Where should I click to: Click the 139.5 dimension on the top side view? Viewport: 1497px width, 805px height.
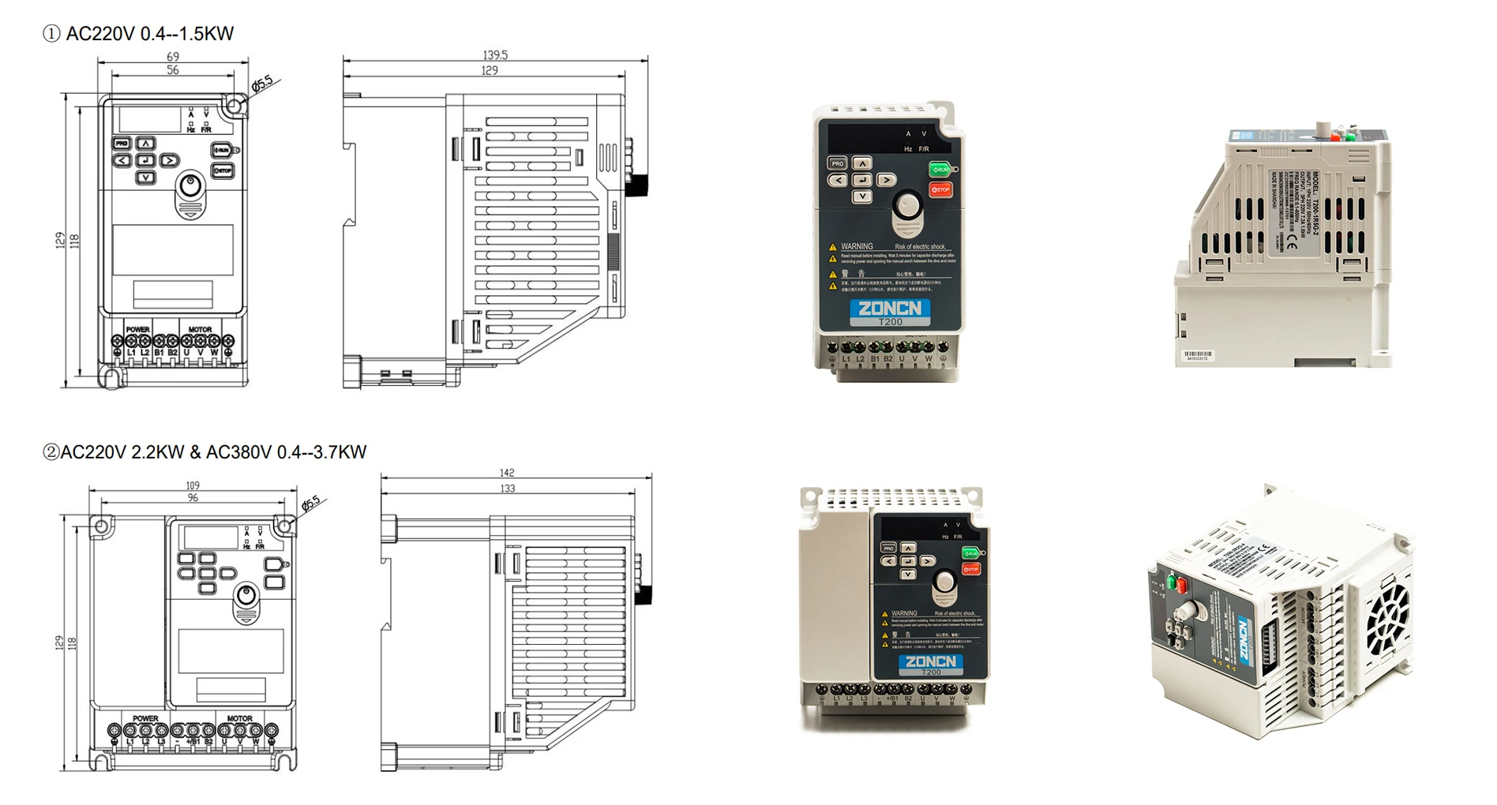[x=495, y=55]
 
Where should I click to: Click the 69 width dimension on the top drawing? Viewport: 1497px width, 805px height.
[x=173, y=57]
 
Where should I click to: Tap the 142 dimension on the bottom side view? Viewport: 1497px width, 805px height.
[x=507, y=473]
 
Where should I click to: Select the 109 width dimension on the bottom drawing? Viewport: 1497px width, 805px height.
[x=193, y=485]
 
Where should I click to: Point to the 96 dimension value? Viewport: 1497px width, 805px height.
[x=193, y=498]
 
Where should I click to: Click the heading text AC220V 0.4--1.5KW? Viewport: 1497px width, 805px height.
[x=149, y=34]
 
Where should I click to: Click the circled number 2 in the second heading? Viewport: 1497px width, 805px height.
[x=51, y=452]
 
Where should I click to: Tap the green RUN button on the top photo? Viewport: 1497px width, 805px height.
[x=940, y=170]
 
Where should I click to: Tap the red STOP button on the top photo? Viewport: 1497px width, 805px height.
[x=940, y=190]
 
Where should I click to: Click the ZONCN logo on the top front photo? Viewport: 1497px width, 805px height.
[x=890, y=309]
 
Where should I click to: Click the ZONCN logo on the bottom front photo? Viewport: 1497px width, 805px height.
[x=931, y=661]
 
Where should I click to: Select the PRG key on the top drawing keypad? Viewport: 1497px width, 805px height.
[x=122, y=144]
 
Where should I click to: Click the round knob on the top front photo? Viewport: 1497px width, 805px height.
[x=907, y=206]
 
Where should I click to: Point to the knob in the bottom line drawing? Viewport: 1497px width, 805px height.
[x=247, y=596]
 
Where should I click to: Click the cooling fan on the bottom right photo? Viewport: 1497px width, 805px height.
[x=1389, y=623]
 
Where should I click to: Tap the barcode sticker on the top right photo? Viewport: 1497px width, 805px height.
[x=1198, y=356]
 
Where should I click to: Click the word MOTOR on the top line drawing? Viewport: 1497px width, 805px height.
[x=200, y=330]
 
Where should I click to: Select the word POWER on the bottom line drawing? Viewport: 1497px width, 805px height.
[x=145, y=718]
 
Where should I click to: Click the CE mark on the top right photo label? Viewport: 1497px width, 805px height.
[x=1292, y=243]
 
